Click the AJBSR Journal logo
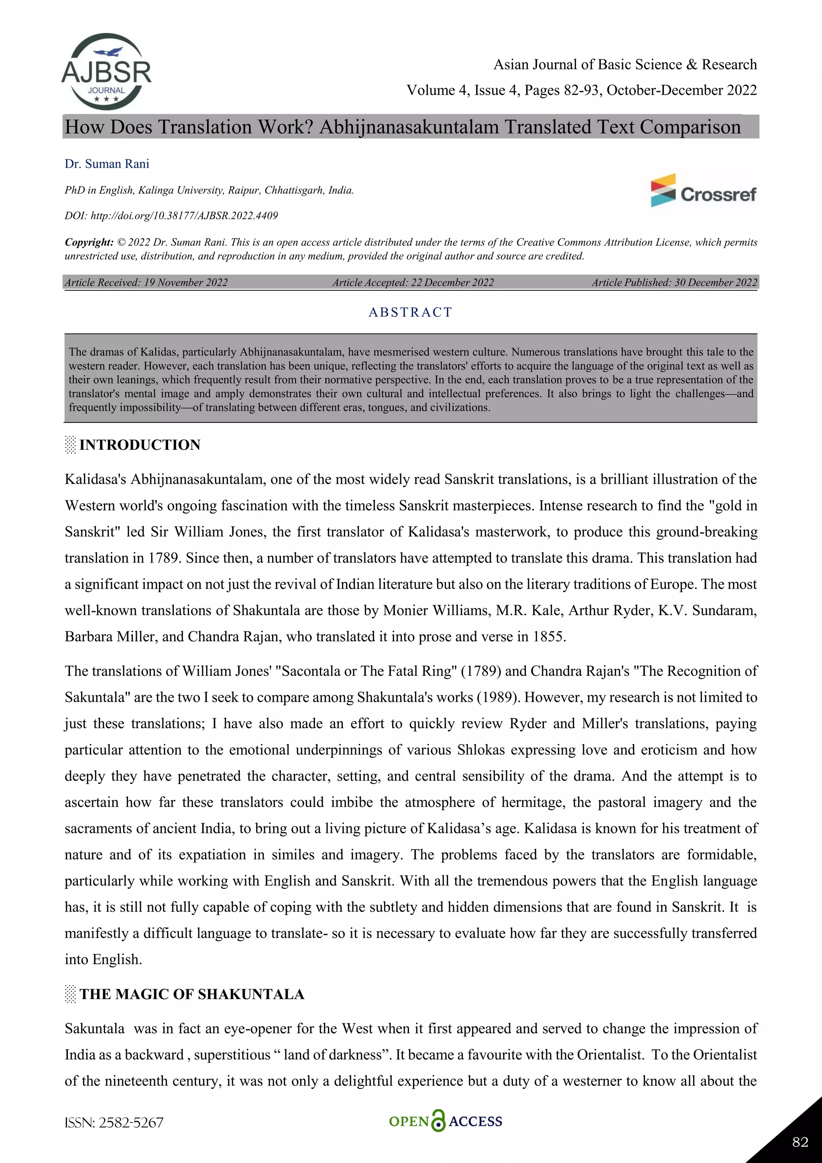click(x=106, y=72)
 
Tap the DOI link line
click(x=171, y=216)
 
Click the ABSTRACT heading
click(x=410, y=312)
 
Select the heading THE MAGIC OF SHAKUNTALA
click(x=192, y=994)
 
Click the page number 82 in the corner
click(x=800, y=1142)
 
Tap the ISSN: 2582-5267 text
click(x=114, y=1123)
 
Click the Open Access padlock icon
click(x=438, y=1121)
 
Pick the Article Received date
click(x=146, y=283)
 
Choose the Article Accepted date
click(x=413, y=283)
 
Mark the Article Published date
click(x=674, y=283)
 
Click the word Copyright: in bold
click(x=89, y=243)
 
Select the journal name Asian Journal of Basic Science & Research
click(x=625, y=65)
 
